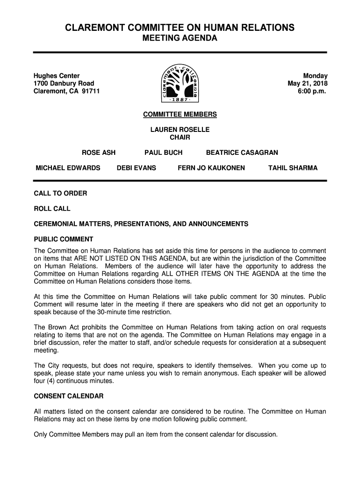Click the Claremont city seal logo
[x=180, y=83]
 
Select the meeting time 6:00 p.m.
[x=312, y=91]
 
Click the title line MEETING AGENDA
[x=180, y=38]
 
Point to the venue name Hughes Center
[x=57, y=76]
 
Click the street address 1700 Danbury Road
[x=64, y=84]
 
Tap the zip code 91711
[x=91, y=91]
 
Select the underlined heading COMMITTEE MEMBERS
[x=180, y=115]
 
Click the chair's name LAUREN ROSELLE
[x=180, y=130]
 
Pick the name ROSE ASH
[x=99, y=152]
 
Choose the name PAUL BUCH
[x=163, y=152]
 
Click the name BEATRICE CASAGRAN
[x=242, y=152]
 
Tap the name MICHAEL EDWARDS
[x=68, y=168]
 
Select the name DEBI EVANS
[x=137, y=168]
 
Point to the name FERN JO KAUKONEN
[x=211, y=168]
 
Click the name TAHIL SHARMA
[x=293, y=168]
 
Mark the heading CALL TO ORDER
[x=60, y=193]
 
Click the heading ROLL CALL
[x=52, y=209]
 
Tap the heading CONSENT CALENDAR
[x=69, y=396]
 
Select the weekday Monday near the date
[x=315, y=76]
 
